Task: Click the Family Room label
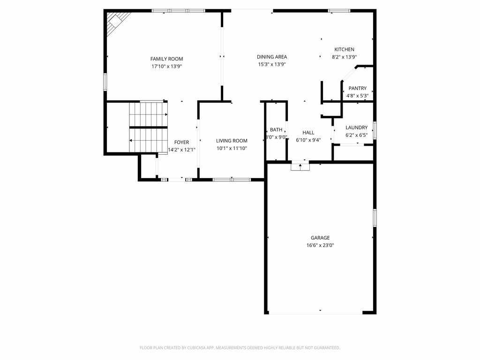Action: (x=166, y=59)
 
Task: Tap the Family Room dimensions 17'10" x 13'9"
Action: (x=167, y=67)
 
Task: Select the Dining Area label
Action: (x=272, y=57)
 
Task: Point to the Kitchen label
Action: (x=344, y=49)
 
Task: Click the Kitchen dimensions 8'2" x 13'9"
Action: (x=345, y=57)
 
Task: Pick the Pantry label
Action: (x=357, y=88)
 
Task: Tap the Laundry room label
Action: (x=356, y=127)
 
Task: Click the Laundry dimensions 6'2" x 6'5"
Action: (x=357, y=135)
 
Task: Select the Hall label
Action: (x=308, y=133)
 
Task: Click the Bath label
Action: (x=276, y=130)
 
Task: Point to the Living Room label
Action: (x=232, y=141)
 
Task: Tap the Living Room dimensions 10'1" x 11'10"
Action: (x=232, y=149)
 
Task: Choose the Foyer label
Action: (x=181, y=142)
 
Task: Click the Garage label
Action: (x=320, y=238)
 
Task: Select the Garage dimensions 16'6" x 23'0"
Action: (x=320, y=245)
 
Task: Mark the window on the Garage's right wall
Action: (x=375, y=217)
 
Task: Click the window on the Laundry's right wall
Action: (x=375, y=130)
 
